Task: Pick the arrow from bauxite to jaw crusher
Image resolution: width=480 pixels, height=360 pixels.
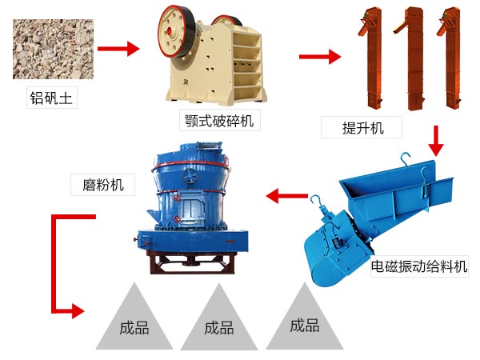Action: [119, 49]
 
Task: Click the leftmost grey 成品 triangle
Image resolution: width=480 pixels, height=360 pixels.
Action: [134, 324]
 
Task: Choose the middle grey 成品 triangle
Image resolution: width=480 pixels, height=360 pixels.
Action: [218, 324]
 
